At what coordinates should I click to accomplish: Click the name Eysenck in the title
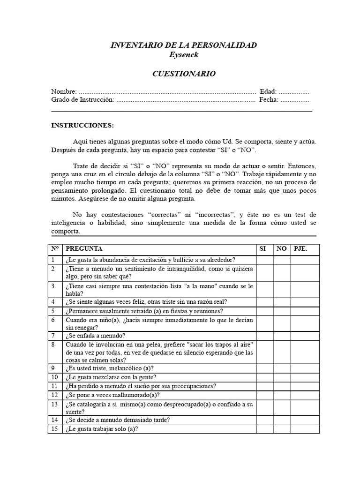click(183, 55)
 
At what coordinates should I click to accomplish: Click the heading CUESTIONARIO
click(183, 74)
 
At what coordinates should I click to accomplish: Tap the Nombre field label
click(64, 91)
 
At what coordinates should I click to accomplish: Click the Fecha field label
click(268, 99)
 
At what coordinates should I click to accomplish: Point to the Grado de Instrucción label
click(82, 99)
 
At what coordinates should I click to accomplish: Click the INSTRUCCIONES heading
click(82, 126)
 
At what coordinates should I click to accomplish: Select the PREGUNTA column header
click(84, 249)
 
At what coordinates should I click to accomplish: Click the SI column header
click(262, 249)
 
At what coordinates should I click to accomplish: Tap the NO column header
click(281, 249)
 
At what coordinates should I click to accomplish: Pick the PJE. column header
click(300, 249)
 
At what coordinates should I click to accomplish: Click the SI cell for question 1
click(265, 260)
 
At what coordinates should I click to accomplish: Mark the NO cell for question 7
click(282, 336)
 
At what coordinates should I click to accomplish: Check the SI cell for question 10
click(265, 377)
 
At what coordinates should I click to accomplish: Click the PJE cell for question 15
click(305, 429)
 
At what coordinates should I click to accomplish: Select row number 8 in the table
click(53, 344)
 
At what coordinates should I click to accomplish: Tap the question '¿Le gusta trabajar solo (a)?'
click(102, 429)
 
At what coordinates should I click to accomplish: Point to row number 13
click(54, 404)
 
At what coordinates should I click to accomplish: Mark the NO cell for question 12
click(282, 395)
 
